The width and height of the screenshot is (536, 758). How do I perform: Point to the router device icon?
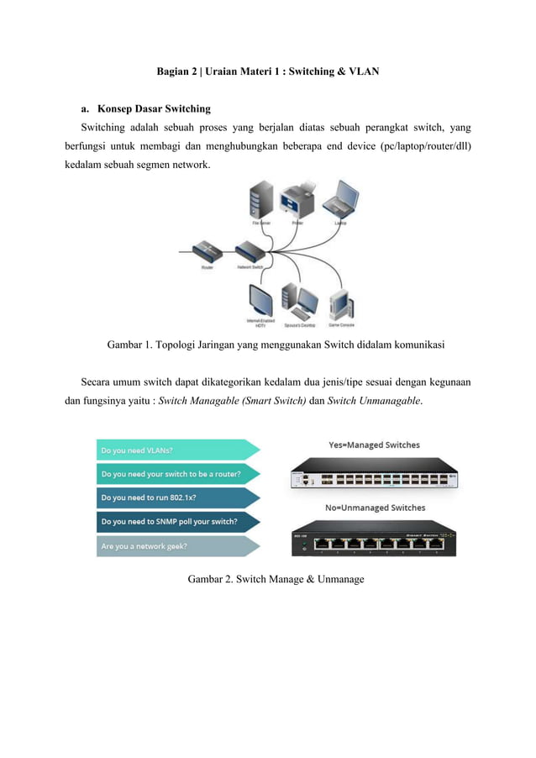pos(206,251)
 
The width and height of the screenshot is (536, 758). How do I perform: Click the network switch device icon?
pos(250,251)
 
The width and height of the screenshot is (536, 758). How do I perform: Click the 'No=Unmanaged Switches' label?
pos(375,508)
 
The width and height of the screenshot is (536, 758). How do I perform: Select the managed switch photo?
pos(374,475)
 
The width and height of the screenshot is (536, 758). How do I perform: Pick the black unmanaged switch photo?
pos(374,538)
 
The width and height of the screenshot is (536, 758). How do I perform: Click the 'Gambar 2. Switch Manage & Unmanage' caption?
pos(276,579)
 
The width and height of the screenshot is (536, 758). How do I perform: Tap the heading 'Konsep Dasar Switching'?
pos(154,109)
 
